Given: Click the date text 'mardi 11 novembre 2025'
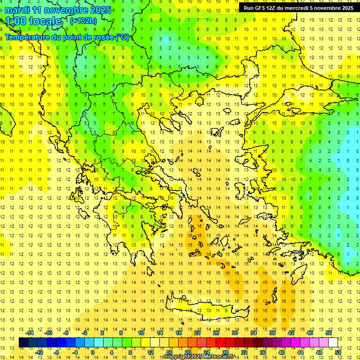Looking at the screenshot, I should tap(58, 10).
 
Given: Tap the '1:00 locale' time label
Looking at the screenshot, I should tap(33, 21).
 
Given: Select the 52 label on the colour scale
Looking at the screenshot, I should tap(338, 352).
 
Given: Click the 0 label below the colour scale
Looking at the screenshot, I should tap(93, 352).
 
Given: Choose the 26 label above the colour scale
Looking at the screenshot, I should tap(216, 332).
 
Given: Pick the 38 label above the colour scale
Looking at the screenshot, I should tap(272, 332).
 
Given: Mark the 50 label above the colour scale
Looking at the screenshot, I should tap(328, 332).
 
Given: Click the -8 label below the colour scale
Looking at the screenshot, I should tap(56, 352).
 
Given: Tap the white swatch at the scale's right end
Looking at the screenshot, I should tap(333, 342).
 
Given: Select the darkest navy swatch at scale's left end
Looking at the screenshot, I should tap(23, 342).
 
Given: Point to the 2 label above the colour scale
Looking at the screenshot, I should tap(102, 332).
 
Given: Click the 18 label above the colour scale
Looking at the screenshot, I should tap(178, 332).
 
